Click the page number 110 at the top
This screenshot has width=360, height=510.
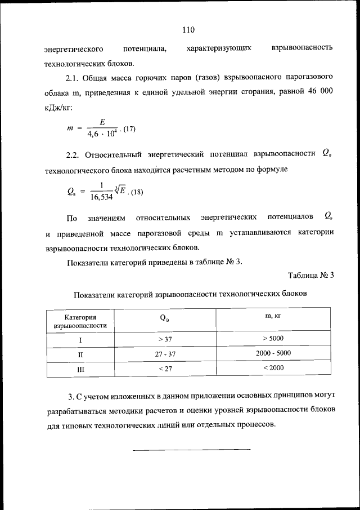(188, 29)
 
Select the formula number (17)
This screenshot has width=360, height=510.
(129, 129)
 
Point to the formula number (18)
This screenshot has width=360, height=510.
(136, 193)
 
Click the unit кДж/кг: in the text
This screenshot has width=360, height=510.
(57, 107)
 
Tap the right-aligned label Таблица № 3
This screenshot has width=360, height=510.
(310, 276)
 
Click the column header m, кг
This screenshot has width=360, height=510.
(273, 317)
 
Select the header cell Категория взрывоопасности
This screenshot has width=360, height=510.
(80, 321)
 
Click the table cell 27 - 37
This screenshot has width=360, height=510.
(165, 353)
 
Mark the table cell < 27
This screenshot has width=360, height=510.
(165, 369)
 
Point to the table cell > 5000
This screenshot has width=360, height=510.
(273, 338)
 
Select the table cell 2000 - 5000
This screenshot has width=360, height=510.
(273, 353)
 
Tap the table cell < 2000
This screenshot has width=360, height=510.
(273, 368)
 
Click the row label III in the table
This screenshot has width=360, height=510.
(80, 369)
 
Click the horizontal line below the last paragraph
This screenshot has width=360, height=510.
(191, 449)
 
